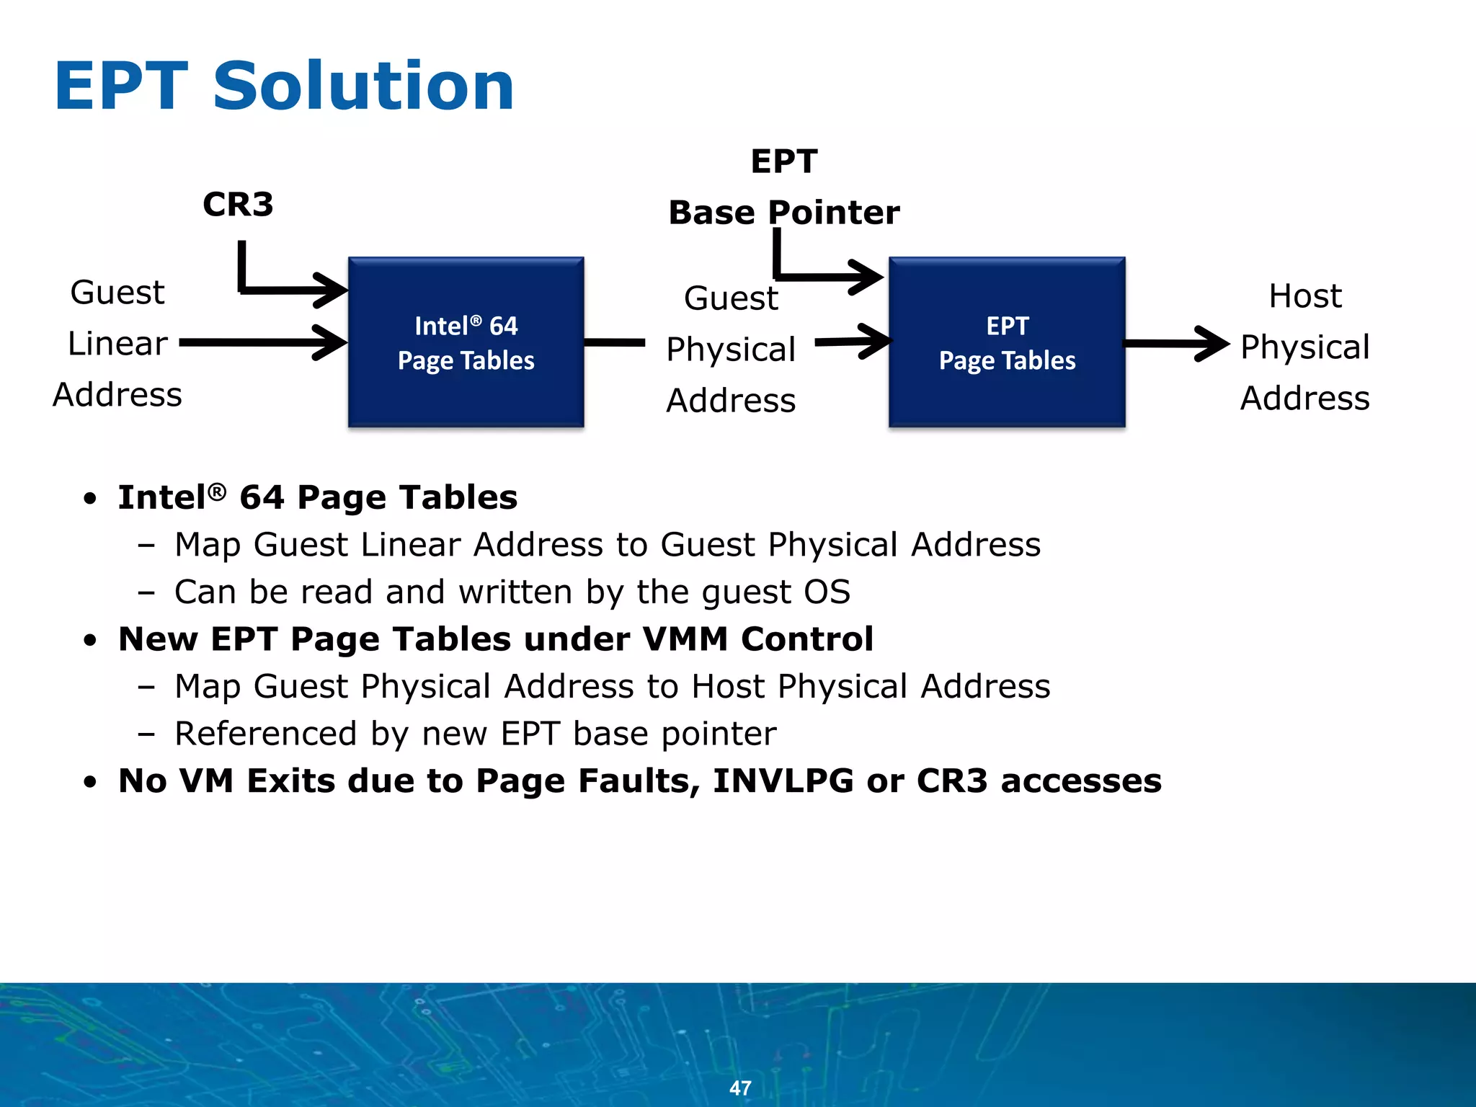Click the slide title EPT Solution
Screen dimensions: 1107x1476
click(284, 86)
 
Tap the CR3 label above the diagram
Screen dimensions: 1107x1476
click(238, 205)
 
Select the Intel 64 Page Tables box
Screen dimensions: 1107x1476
click(466, 342)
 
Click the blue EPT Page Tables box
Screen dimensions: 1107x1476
click(1007, 342)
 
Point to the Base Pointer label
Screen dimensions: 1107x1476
click(783, 213)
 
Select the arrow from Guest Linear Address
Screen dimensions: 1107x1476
click(263, 342)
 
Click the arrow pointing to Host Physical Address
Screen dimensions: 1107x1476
click(1175, 343)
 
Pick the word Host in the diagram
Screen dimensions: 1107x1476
click(1305, 296)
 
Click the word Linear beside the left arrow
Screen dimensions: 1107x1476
click(117, 344)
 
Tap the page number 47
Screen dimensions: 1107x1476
click(740, 1088)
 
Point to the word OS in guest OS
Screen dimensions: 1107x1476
click(827, 592)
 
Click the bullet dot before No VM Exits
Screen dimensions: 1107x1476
click(89, 783)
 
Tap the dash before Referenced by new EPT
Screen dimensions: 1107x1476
click(146, 734)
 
